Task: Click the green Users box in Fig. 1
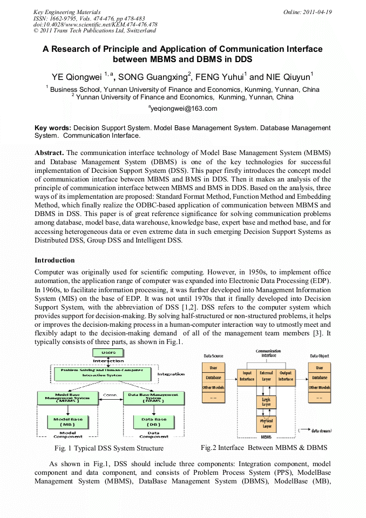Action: pyautogui.click(x=108, y=352)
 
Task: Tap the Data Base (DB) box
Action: pyautogui.click(x=153, y=422)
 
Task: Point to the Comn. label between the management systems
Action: pyautogui.click(x=110, y=394)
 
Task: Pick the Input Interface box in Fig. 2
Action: pyautogui.click(x=247, y=376)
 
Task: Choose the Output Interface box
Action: pyautogui.click(x=286, y=376)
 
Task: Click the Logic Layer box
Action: pyautogui.click(x=266, y=402)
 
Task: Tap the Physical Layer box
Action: pyautogui.click(x=266, y=423)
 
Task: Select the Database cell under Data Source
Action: pyautogui.click(x=213, y=378)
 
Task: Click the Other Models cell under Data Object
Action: pyautogui.click(x=320, y=387)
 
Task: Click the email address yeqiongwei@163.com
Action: pyautogui.click(x=182, y=109)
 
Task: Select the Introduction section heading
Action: pyautogui.click(x=55, y=260)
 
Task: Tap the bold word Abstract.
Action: pyautogui.click(x=49, y=153)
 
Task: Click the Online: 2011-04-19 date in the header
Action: pyautogui.click(x=308, y=12)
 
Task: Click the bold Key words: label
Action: pyautogui.click(x=53, y=128)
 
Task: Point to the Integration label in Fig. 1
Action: pyautogui.click(x=171, y=374)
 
